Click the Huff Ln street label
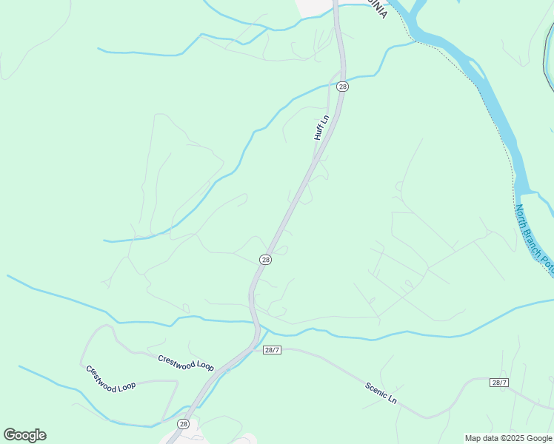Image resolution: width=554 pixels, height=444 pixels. tap(320, 127)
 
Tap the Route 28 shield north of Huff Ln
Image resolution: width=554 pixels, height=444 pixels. tap(342, 87)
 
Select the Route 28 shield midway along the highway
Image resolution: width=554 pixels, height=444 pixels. tap(265, 260)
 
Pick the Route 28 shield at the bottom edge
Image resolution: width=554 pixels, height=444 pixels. tap(183, 424)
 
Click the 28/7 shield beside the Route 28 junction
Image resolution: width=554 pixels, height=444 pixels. tap(272, 349)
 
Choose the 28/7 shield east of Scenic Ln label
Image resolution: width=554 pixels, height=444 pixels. tap(499, 383)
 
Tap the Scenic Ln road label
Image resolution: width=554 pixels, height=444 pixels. tap(381, 392)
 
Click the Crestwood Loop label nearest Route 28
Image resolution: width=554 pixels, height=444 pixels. tap(185, 363)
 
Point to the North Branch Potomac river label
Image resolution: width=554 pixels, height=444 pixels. tap(535, 237)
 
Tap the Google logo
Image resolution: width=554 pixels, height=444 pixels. tap(24, 435)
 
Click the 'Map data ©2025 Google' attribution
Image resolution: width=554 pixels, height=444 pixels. tap(509, 438)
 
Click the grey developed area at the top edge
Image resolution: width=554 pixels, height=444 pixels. tap(315, 6)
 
